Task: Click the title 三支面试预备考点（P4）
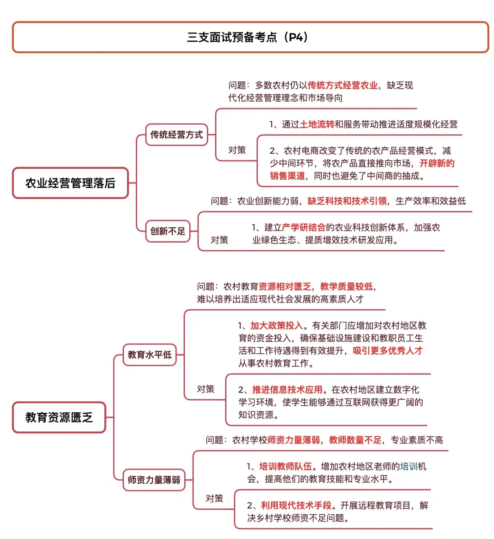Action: (247, 37)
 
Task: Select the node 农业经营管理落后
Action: (70, 183)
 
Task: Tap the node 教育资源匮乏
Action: (59, 417)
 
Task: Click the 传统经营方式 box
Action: (177, 135)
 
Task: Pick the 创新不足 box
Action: (168, 231)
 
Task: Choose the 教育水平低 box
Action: (150, 355)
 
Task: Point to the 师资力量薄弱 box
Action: (154, 480)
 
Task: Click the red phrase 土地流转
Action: (317, 124)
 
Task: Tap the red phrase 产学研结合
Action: (304, 227)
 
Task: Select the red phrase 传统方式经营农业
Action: (343, 85)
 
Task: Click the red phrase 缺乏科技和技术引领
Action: (347, 201)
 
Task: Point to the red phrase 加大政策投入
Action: (277, 326)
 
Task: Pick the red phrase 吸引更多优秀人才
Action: (387, 351)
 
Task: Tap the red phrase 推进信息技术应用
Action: (287, 390)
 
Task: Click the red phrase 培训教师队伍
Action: (285, 467)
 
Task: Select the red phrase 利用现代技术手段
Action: (296, 506)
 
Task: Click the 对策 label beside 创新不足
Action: (219, 240)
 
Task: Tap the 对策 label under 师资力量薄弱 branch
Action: (214, 498)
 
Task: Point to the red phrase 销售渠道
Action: (287, 176)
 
